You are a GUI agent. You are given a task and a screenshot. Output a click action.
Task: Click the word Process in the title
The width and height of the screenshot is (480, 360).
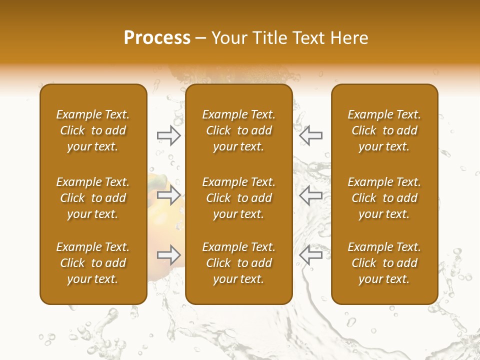[x=157, y=38]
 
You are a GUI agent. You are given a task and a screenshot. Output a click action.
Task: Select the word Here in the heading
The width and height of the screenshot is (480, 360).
[x=350, y=38]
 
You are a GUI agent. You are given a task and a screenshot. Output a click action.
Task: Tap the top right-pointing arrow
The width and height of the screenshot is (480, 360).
[x=168, y=135]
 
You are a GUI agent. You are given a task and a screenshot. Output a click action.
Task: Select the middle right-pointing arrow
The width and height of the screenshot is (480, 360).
[x=168, y=195]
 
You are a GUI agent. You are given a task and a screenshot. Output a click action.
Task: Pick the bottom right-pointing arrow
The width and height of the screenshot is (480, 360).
[x=168, y=255]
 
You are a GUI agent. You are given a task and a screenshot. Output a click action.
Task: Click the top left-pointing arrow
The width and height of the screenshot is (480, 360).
[x=311, y=135]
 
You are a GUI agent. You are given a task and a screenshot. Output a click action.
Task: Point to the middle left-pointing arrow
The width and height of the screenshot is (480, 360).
[x=311, y=195]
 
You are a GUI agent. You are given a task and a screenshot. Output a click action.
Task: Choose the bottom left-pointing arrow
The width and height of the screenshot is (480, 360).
[x=311, y=255]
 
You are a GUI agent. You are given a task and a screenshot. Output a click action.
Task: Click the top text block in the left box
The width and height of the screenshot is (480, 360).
[x=93, y=130]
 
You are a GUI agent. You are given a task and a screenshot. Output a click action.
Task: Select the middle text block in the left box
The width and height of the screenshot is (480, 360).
[x=93, y=198]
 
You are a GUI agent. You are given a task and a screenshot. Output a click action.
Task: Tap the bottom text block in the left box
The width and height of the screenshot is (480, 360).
[x=93, y=263]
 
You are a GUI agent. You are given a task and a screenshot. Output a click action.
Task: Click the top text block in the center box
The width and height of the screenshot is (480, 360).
[x=239, y=130]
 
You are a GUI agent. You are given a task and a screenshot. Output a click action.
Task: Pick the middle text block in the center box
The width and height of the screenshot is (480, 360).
[x=239, y=198]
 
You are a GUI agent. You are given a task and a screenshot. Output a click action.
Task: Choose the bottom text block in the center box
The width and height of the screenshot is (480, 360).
[x=239, y=263]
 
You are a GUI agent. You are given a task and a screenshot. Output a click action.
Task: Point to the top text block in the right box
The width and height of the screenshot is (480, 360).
[x=384, y=130]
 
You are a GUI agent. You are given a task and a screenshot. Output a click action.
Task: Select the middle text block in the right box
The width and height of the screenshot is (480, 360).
[x=384, y=198]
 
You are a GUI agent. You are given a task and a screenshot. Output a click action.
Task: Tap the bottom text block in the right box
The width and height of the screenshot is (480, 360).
[x=384, y=263]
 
